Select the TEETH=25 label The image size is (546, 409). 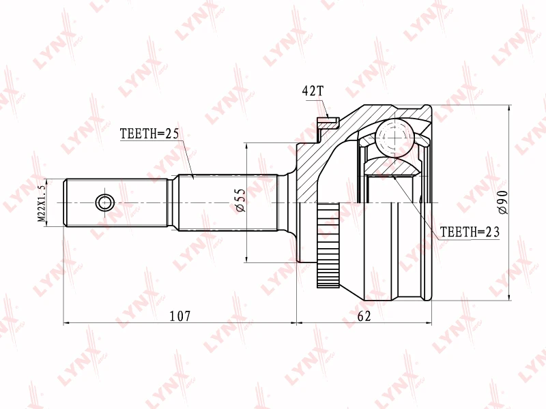point(149,134)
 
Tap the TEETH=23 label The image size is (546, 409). point(470,232)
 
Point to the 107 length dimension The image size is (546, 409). point(179,316)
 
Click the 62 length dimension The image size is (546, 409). point(364,316)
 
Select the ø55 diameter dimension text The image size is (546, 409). point(240,201)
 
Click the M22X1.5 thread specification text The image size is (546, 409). point(42,202)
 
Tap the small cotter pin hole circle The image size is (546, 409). point(104,202)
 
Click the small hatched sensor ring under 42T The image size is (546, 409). point(328,123)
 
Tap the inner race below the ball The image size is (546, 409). point(393,167)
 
